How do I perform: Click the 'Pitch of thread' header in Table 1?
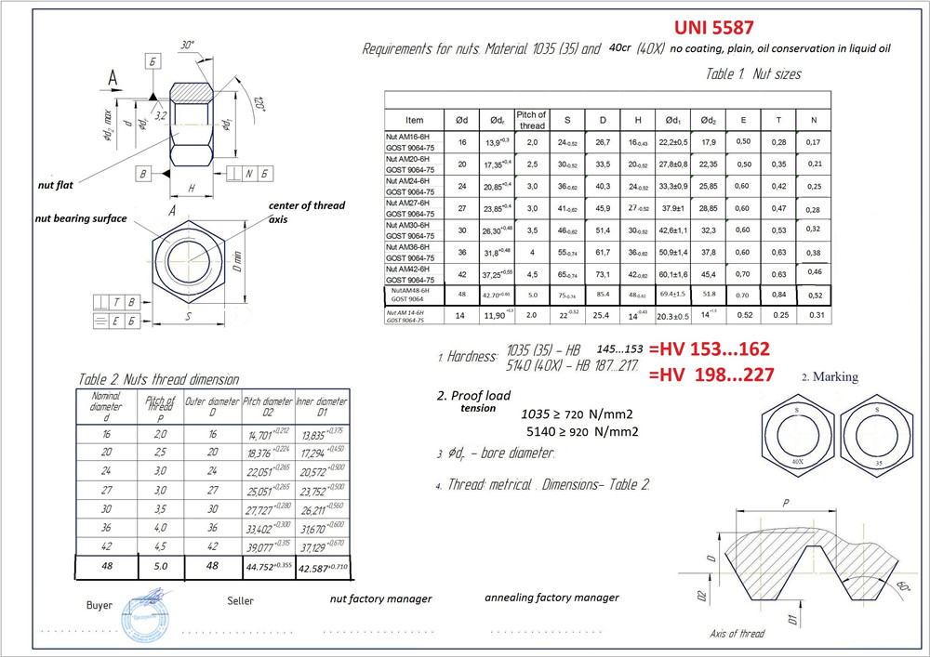coord(531,120)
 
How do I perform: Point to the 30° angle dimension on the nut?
coord(189,46)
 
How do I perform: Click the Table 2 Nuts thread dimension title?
coord(158,379)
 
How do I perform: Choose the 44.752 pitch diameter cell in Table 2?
coord(268,565)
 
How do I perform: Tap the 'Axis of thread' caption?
coord(737,633)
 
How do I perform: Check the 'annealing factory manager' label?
coord(551,598)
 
